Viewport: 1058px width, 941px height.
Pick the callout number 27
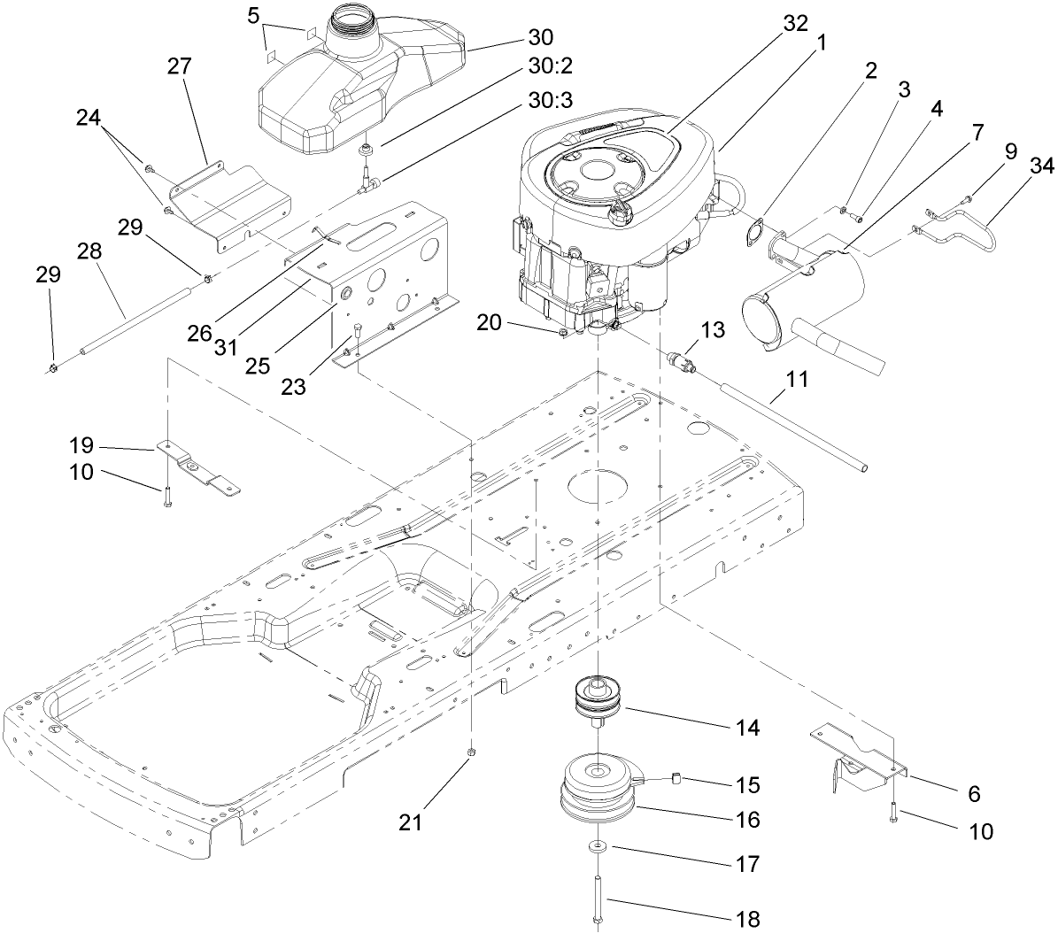(185, 67)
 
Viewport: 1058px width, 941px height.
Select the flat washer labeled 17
(598, 847)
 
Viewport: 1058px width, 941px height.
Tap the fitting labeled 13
(683, 363)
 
